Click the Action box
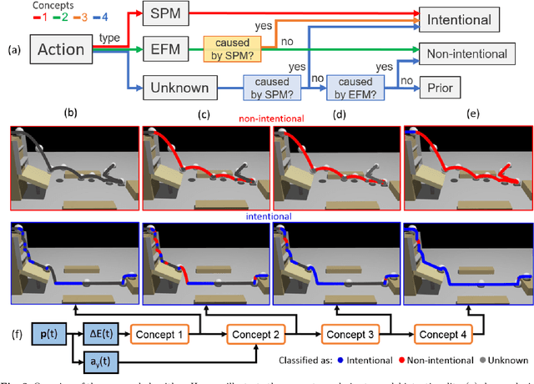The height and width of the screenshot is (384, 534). pos(62,50)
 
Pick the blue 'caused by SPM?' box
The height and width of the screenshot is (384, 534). pos(273,87)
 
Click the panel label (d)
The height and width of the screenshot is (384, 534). pos(338,109)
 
